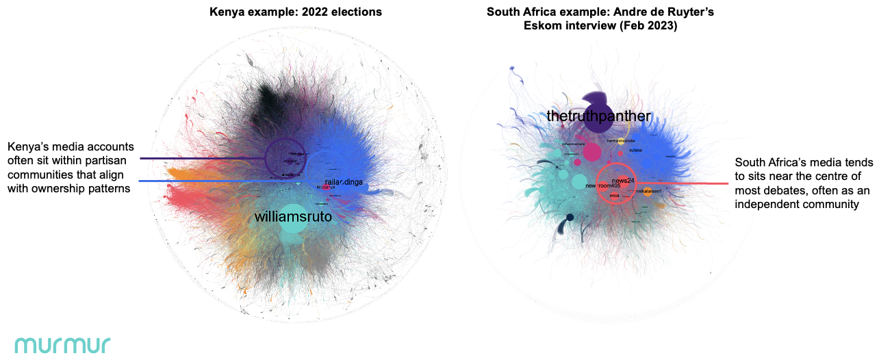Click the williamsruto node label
tap(293, 217)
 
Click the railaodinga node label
tap(344, 182)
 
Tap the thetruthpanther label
tap(599, 116)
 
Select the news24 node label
tap(624, 181)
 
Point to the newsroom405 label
tap(602, 186)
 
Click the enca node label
tap(614, 196)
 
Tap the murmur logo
tap(62, 344)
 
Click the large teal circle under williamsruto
tap(293, 229)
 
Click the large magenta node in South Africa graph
tap(591, 151)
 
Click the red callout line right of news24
tap(685, 183)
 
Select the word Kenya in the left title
tap(226, 12)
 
